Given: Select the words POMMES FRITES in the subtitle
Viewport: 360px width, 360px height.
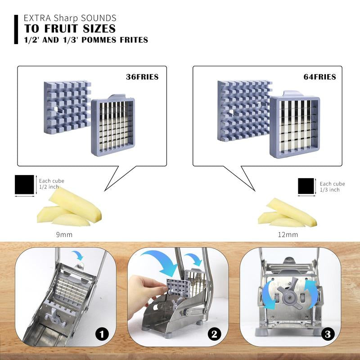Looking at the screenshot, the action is tap(115, 40).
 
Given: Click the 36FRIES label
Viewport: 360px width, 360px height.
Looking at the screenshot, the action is tap(142, 76).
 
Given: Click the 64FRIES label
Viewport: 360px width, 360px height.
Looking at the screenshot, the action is tap(319, 76).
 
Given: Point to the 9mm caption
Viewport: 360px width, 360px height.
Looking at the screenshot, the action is tap(64, 234).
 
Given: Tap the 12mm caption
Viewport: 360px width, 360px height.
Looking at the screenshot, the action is tap(288, 234).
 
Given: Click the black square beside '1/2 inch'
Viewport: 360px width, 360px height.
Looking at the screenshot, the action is tap(24, 184).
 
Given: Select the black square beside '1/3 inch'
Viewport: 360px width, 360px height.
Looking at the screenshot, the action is tap(306, 186).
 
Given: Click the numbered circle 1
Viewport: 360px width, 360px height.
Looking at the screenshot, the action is tap(102, 334).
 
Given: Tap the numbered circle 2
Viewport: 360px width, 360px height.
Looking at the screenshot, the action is tap(214, 334).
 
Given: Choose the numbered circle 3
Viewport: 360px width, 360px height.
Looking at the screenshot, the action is tap(328, 334).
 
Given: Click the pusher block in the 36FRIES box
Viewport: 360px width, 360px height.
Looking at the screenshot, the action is tap(67, 107).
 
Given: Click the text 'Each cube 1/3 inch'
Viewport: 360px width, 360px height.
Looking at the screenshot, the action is tap(332, 187).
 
